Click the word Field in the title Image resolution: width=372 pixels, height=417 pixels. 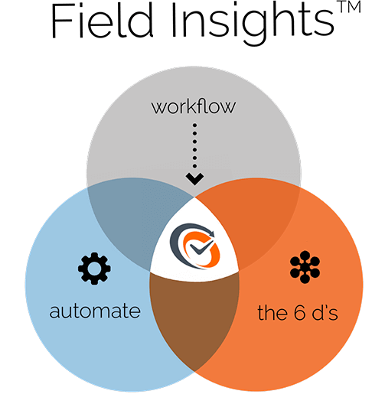click(103, 21)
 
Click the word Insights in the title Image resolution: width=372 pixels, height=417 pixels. click(253, 24)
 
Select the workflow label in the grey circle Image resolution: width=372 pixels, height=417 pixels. click(194, 106)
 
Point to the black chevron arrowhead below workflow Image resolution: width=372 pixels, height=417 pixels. click(194, 179)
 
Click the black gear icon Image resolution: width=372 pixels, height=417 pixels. click(94, 269)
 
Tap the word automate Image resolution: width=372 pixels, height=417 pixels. click(95, 311)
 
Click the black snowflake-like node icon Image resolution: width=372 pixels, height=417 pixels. click(305, 267)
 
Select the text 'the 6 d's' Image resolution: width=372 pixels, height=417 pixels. click(298, 311)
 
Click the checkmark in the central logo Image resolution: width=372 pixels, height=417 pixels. click(201, 248)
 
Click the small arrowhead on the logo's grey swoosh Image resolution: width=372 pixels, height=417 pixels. click(211, 233)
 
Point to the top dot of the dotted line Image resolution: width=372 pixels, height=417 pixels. click(194, 125)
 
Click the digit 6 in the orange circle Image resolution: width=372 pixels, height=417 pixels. click(299, 312)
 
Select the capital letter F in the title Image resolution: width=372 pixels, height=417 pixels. click(62, 21)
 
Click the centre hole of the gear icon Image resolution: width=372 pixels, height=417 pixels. click(94, 269)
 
